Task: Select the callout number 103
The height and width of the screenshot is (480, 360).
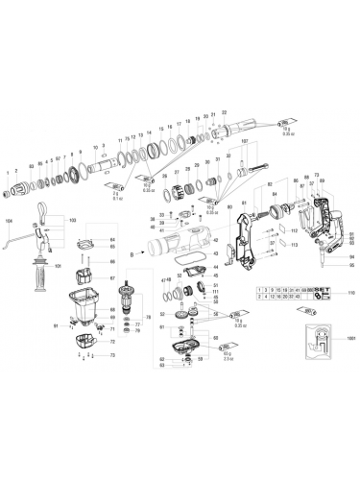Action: [x=70, y=221]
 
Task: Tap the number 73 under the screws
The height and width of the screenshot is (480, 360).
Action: [x=112, y=355]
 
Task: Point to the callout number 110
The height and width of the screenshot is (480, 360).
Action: [x=350, y=292]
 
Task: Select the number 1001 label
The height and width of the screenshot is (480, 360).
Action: [x=350, y=339]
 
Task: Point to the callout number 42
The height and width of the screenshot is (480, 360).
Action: [x=215, y=240]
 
